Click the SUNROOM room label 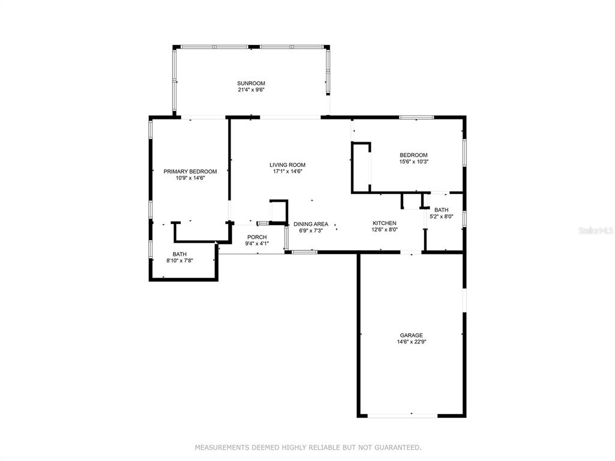point(251,83)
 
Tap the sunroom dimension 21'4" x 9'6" point(251,90)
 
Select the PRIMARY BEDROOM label point(190,171)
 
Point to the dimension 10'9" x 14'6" point(190,178)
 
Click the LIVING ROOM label point(288,165)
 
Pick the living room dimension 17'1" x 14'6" point(288,171)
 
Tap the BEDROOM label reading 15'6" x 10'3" point(413,155)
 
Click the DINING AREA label point(311,224)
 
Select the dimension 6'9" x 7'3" point(311,230)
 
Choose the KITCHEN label point(384,223)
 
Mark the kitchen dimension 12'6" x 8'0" point(384,230)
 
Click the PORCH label point(257,237)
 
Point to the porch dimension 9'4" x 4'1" point(257,244)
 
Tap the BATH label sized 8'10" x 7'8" point(180,254)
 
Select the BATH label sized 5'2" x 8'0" point(441,209)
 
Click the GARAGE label point(411,335)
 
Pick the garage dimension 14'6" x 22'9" point(411,342)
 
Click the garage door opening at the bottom point(402,415)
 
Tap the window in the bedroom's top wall point(417,117)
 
